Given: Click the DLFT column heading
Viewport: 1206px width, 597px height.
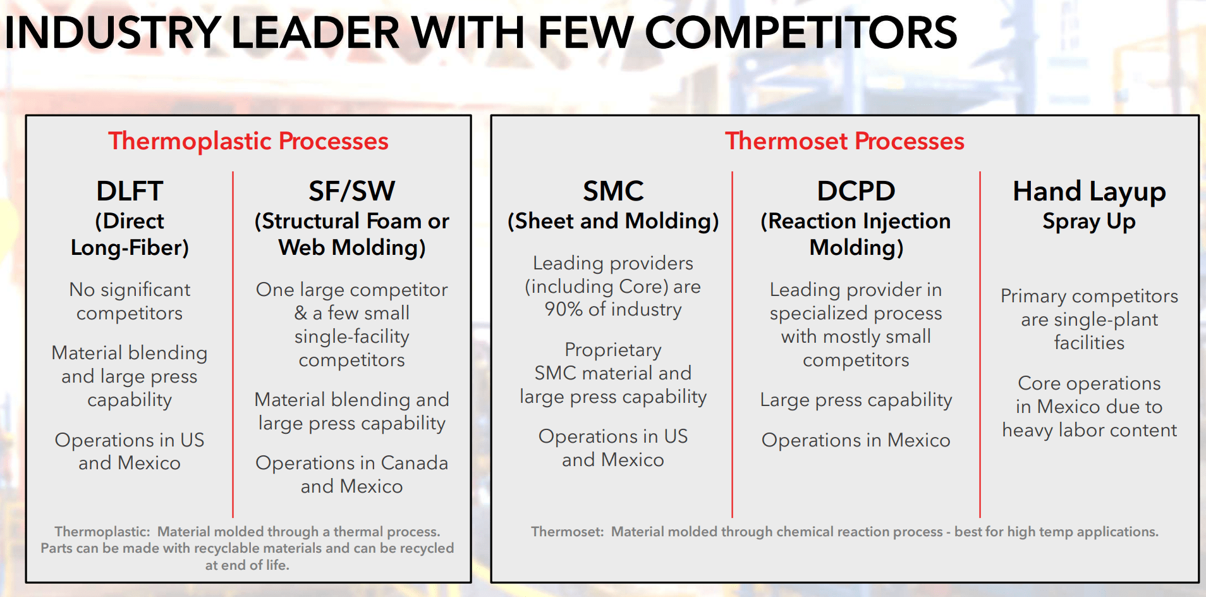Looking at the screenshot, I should [x=130, y=191].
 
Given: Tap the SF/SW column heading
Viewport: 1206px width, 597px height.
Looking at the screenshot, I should [x=351, y=191].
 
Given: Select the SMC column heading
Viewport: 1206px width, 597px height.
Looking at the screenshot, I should [x=613, y=191].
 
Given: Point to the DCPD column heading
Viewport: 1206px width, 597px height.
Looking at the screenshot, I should [x=856, y=191].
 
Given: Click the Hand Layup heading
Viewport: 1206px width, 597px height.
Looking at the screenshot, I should [x=1088, y=191].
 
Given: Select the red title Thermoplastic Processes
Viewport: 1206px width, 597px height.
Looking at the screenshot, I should [x=248, y=141].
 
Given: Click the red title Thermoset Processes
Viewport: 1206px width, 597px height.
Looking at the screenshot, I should [x=844, y=141].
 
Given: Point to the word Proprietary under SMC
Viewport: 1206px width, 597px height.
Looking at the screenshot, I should [x=613, y=350].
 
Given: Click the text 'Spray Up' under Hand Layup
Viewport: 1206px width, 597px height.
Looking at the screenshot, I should [x=1088, y=221].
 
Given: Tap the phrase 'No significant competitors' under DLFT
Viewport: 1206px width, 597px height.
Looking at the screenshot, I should [x=130, y=301].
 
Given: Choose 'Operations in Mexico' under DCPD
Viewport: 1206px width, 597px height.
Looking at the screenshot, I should [x=856, y=440].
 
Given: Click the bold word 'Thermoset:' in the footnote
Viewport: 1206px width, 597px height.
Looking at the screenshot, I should [x=567, y=532].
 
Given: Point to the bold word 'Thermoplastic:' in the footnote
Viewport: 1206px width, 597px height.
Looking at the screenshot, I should [x=102, y=532].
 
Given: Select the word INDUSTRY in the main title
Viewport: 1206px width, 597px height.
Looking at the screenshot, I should [x=113, y=33].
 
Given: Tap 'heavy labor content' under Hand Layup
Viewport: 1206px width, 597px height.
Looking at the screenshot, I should [x=1088, y=431].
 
